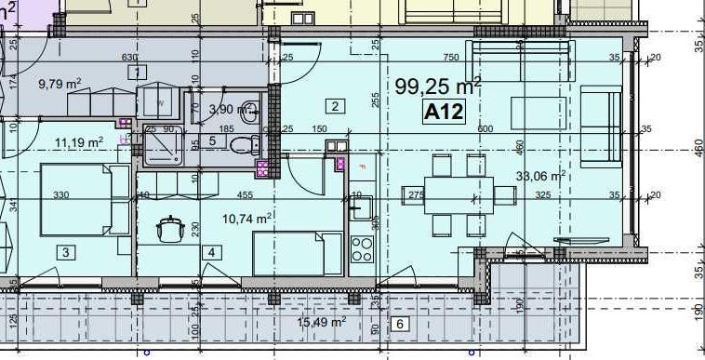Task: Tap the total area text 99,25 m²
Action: pyautogui.click(x=437, y=87)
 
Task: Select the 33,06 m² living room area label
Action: pyautogui.click(x=541, y=175)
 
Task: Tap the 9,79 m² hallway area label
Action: pyautogui.click(x=60, y=85)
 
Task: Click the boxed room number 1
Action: pyautogui.click(x=138, y=73)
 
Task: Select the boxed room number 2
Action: pyautogui.click(x=336, y=105)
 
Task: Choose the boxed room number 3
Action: pyautogui.click(x=65, y=251)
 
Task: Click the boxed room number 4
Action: pyautogui.click(x=212, y=252)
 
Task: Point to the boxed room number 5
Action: pyautogui.click(x=212, y=141)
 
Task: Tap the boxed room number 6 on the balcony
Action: pyautogui.click(x=399, y=325)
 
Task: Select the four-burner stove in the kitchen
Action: pyautogui.click(x=361, y=248)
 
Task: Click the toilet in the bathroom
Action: pyautogui.click(x=245, y=144)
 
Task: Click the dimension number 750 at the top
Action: pyautogui.click(x=451, y=58)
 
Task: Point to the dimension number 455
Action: pyautogui.click(x=246, y=194)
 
